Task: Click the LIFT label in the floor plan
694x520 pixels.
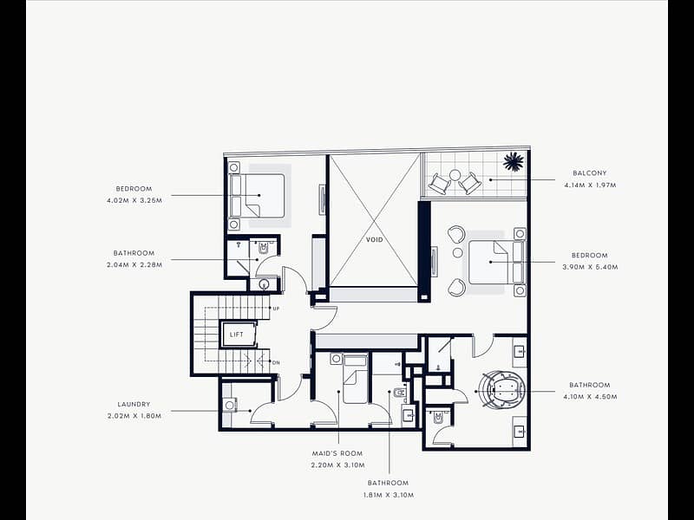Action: click(236, 335)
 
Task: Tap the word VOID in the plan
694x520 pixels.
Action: click(374, 240)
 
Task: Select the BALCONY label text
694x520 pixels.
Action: click(590, 173)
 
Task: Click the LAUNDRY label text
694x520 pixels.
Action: click(134, 404)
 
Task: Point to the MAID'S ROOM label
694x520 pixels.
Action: click(337, 453)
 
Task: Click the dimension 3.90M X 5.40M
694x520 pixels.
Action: click(590, 267)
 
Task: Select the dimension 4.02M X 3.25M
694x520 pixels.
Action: click(134, 200)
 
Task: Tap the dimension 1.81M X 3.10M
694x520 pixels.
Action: click(389, 495)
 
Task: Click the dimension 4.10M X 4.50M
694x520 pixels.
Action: click(590, 397)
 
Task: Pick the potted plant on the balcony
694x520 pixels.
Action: click(514, 161)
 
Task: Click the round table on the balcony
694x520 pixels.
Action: click(455, 176)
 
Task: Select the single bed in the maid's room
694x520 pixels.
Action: click(356, 379)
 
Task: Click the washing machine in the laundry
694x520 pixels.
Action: click(230, 405)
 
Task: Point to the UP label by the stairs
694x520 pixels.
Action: click(276, 309)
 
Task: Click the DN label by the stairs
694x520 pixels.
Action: click(276, 363)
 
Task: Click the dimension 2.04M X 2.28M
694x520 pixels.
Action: click(134, 265)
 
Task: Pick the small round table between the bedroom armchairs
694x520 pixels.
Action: click(458, 252)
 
